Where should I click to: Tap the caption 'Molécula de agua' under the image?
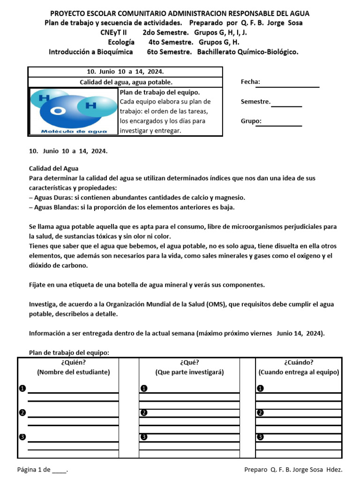74,131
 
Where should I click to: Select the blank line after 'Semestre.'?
286,106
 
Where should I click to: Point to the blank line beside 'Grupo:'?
282,125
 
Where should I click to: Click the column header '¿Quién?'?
73,362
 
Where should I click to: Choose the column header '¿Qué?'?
189,362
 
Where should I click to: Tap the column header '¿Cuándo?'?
299,362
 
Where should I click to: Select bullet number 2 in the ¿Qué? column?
144,412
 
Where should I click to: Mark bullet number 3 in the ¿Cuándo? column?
261,437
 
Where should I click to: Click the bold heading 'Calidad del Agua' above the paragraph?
54,168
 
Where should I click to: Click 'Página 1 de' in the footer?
34,469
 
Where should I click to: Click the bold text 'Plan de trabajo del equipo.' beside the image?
160,92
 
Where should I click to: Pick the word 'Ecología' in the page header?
121,42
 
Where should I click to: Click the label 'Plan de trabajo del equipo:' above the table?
69,352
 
